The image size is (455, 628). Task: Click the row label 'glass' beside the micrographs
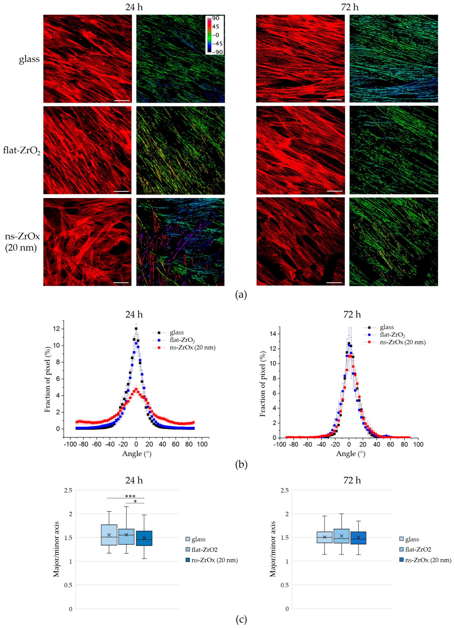(x=29, y=59)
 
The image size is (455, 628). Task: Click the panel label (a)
(x=241, y=295)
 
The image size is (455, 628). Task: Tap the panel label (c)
(x=241, y=619)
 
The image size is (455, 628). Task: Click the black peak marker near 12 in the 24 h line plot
(x=136, y=329)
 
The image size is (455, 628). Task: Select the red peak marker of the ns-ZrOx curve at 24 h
(x=136, y=389)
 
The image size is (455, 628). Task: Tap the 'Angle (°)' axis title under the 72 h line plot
(x=350, y=454)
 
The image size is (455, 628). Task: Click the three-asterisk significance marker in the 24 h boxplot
(x=130, y=496)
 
